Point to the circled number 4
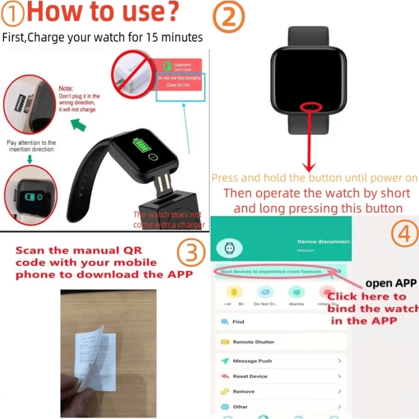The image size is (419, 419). pyautogui.click(x=404, y=235)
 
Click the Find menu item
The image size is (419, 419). pyautogui.click(x=238, y=322)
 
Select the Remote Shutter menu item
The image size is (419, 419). pyautogui.click(x=253, y=341)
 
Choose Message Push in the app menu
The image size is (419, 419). pyautogui.click(x=252, y=361)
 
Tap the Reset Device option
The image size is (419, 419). pyautogui.click(x=250, y=376)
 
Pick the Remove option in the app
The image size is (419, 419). pyautogui.click(x=244, y=391)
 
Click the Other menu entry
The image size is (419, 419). pyautogui.click(x=240, y=406)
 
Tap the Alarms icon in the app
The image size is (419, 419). pyautogui.click(x=296, y=293)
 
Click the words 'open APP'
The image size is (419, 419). pyautogui.click(x=391, y=283)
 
